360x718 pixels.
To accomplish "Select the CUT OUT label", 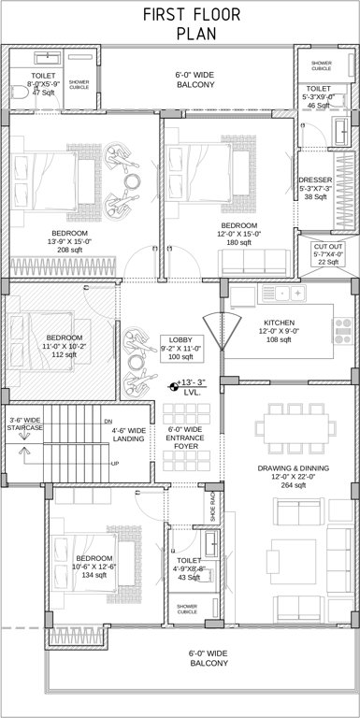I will point(327,246).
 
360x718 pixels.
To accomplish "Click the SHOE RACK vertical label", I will point(212,506).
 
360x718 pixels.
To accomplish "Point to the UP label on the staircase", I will point(115,464).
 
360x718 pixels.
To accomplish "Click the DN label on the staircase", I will point(108,421).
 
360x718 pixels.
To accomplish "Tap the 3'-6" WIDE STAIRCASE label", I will point(25,426).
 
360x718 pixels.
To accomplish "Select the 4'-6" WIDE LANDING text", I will point(128,437).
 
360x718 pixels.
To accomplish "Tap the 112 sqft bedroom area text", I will point(65,354).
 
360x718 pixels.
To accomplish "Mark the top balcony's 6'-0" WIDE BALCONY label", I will point(195,79).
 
